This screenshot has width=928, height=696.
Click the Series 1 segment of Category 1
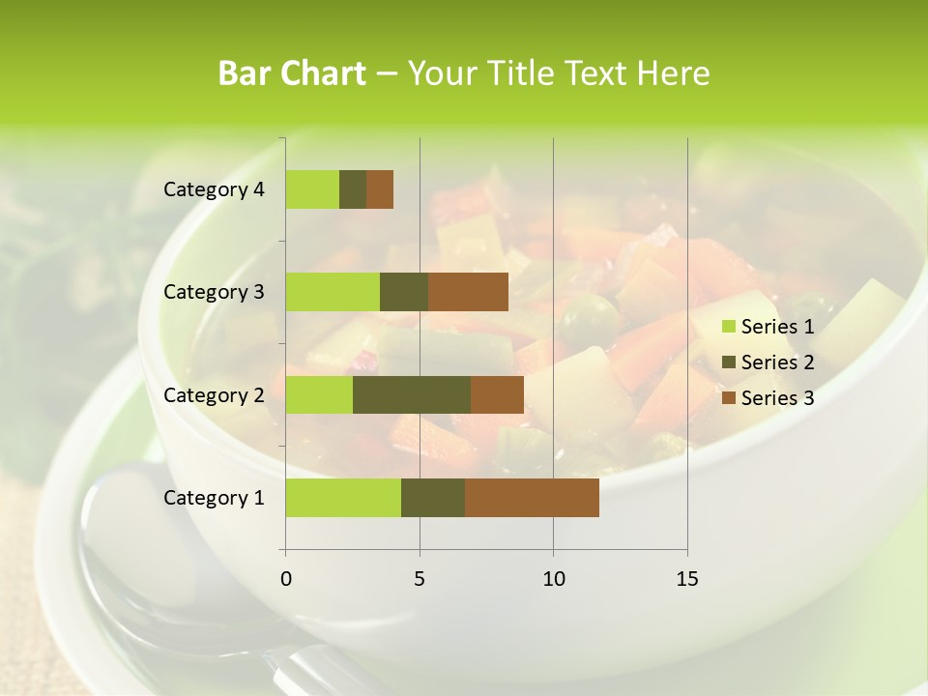(343, 498)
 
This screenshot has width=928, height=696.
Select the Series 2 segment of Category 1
(433, 498)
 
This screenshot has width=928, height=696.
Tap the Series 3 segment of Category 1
(532, 498)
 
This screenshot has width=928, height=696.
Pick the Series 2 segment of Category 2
(412, 395)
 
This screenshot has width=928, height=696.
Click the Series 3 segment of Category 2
(497, 395)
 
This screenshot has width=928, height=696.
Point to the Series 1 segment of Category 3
(333, 292)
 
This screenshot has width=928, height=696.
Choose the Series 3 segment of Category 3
(468, 292)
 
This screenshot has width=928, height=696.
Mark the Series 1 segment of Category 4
(312, 189)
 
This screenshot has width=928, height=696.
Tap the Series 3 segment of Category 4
(380, 189)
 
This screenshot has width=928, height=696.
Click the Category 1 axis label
(214, 498)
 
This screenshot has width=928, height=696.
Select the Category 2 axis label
(214, 395)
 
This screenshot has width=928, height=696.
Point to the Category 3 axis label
(214, 292)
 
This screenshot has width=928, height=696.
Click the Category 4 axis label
(214, 189)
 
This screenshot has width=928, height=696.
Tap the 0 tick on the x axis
(286, 579)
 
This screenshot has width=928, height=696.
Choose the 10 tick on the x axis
(553, 579)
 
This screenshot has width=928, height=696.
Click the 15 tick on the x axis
(687, 579)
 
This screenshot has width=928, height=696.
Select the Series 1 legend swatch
(728, 327)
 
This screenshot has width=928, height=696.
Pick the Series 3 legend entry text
(777, 398)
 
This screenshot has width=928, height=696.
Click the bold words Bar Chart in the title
(291, 73)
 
